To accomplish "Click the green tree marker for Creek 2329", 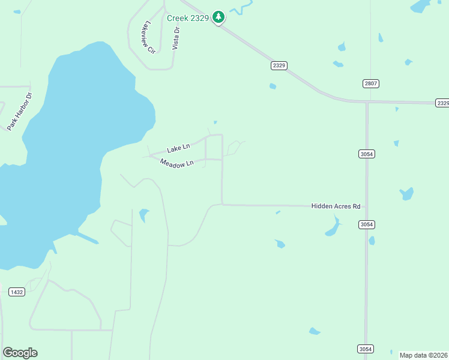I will click(x=219, y=17).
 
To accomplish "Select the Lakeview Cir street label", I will click(x=148, y=38).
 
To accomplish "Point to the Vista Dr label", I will click(x=176, y=38).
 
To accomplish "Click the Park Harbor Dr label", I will click(x=20, y=112).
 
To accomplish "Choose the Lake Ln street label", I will click(x=178, y=147).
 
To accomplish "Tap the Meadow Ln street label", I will click(x=176, y=163).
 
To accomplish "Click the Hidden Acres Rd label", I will click(x=336, y=206).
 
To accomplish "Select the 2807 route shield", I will click(x=371, y=83).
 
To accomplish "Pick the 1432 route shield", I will click(x=17, y=292).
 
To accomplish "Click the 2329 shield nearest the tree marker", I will click(x=279, y=65).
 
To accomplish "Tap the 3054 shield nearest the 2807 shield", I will click(x=367, y=154).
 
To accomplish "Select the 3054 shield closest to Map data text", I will click(x=365, y=349).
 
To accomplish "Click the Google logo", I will click(x=20, y=353).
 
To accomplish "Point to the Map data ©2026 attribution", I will click(x=423, y=355).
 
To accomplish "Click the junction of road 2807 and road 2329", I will click(x=367, y=101).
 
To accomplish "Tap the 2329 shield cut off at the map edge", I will click(x=442, y=103).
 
